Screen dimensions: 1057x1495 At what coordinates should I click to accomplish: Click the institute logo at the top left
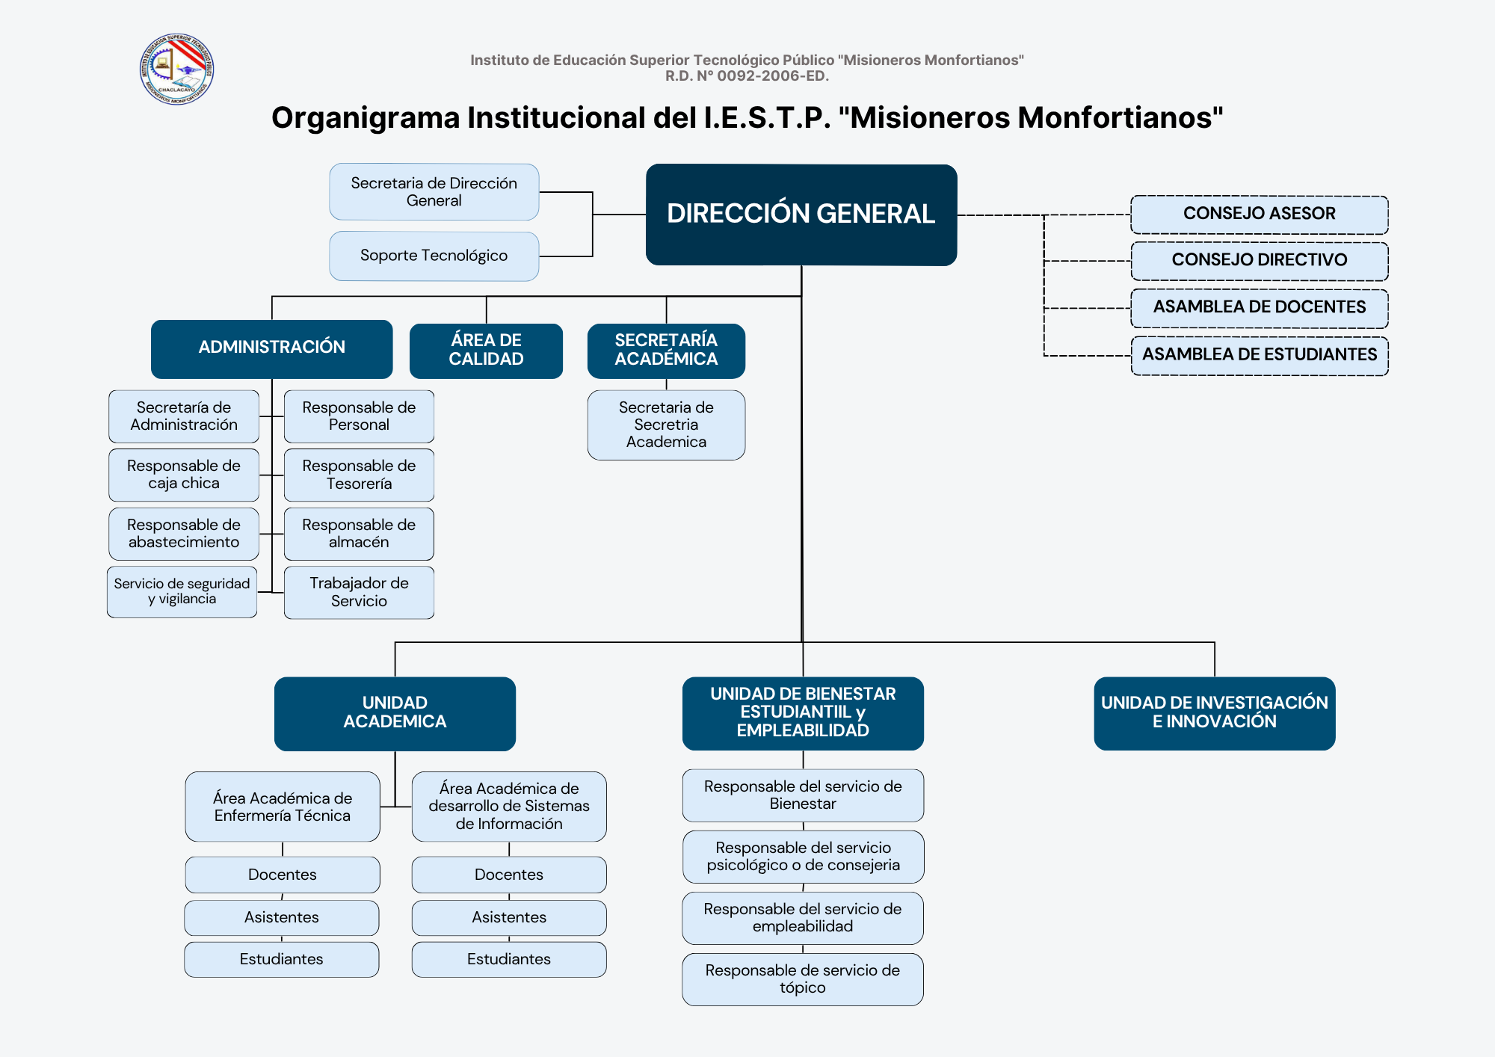(176, 70)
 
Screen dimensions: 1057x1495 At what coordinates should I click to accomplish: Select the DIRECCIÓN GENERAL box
(801, 215)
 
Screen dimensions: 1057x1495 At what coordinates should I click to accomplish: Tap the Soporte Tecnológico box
(434, 256)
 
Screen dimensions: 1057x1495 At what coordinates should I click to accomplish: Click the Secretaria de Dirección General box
(434, 192)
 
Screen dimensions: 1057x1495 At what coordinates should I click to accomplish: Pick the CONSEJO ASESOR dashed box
(1259, 215)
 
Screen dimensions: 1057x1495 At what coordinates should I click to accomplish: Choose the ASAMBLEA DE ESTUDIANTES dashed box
(1259, 355)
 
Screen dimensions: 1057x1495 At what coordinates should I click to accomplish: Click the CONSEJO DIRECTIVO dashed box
(1259, 261)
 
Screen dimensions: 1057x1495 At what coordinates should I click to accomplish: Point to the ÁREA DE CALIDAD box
(486, 350)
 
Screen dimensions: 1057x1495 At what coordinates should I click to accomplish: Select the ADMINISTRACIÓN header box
(271, 348)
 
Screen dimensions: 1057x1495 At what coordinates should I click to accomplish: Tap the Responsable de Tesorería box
(359, 475)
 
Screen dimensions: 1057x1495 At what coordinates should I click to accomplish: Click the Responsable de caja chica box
(184, 475)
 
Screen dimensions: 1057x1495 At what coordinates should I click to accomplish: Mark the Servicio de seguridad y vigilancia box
(182, 591)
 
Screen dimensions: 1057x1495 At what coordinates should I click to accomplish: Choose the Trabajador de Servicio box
(359, 592)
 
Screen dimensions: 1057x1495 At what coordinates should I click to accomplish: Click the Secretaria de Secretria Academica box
(666, 425)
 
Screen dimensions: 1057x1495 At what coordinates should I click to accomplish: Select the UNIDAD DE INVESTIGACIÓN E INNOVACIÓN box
(1214, 712)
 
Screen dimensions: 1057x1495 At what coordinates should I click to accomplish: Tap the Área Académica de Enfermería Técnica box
(283, 807)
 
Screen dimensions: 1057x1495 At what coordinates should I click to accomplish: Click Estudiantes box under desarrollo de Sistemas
(508, 959)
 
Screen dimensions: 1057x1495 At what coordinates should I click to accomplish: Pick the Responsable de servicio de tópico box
(802, 979)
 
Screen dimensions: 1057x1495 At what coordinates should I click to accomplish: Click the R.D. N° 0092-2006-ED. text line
(747, 76)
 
